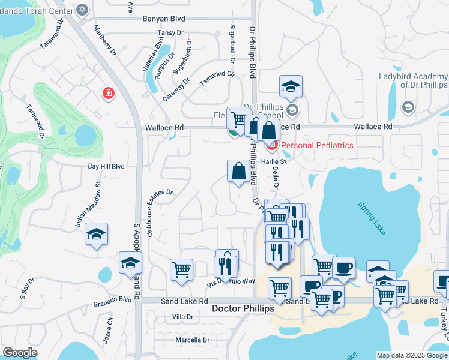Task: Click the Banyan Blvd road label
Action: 164,19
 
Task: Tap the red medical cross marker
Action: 108,94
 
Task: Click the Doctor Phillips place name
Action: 243,308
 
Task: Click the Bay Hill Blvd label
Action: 106,166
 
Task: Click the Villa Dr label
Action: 182,316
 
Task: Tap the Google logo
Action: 20,353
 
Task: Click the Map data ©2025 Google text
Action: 412,355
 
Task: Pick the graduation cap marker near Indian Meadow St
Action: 95,235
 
